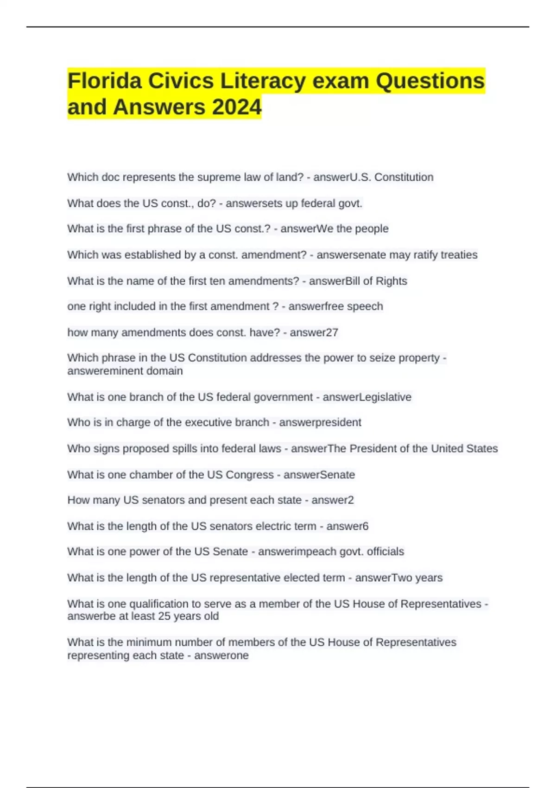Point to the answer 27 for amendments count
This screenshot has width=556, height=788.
(x=332, y=332)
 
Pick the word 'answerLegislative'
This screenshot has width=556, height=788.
(x=366, y=397)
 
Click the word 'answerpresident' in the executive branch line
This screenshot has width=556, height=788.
(x=320, y=422)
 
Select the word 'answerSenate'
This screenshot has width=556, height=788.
(x=319, y=475)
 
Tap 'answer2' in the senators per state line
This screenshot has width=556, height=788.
(x=332, y=500)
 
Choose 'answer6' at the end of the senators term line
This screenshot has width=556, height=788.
(x=347, y=526)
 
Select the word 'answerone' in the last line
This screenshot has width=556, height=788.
(x=221, y=655)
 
